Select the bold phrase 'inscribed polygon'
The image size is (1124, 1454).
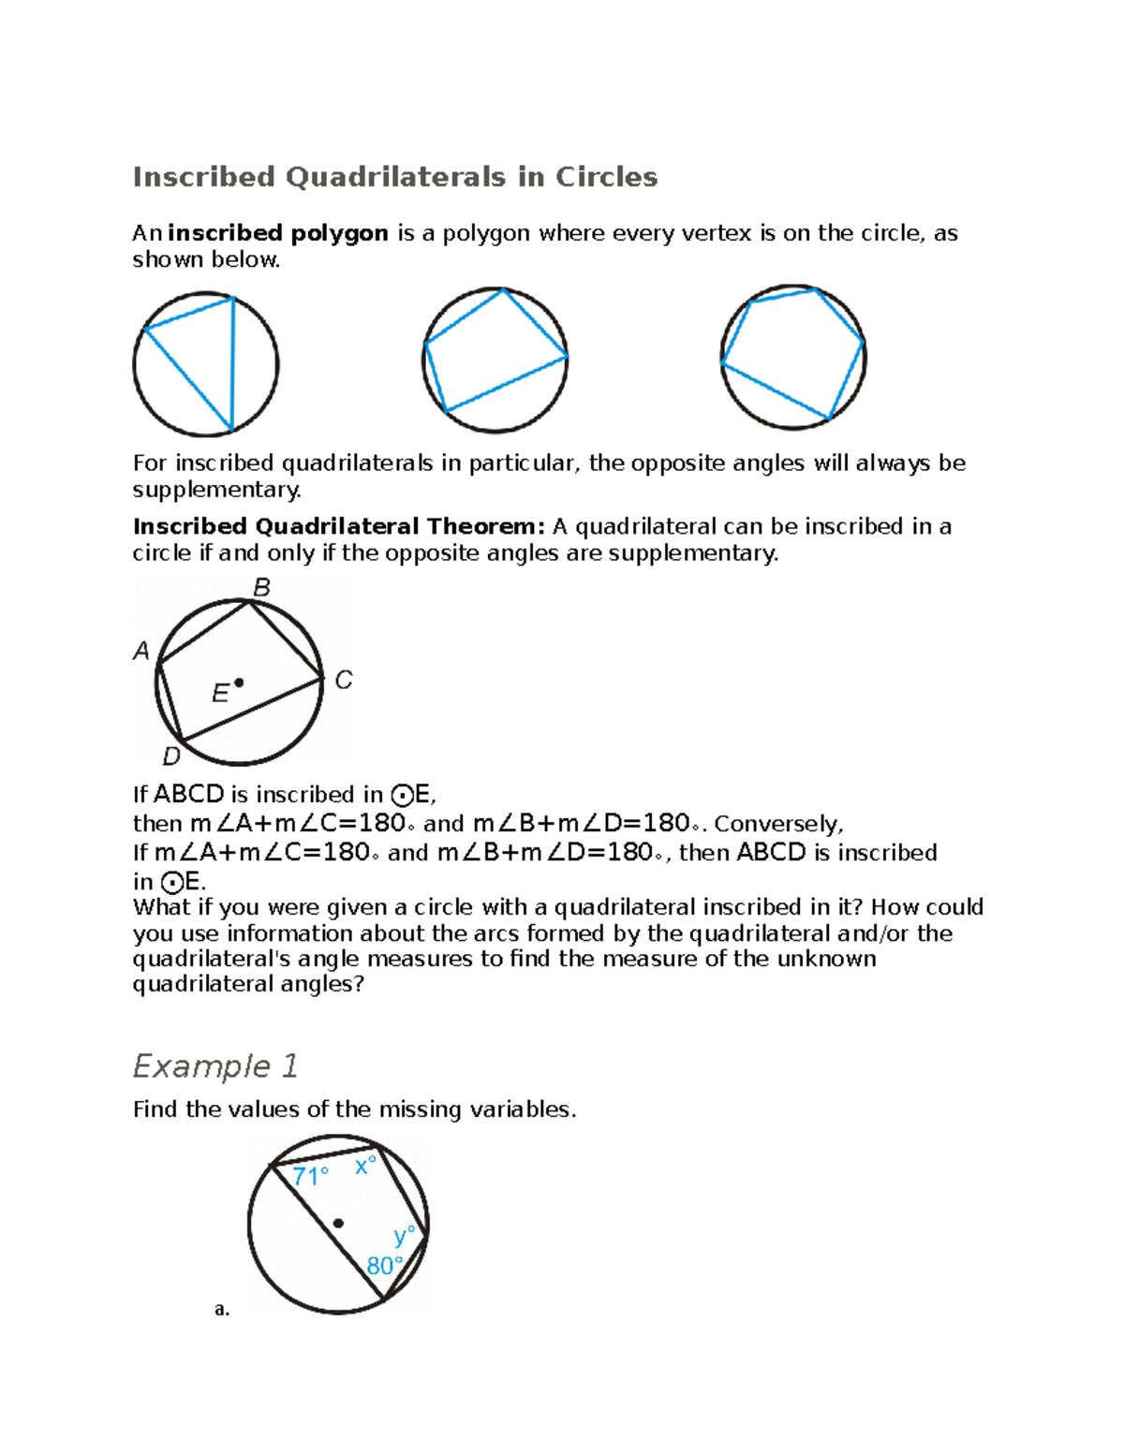278,233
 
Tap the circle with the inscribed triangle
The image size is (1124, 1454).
206,364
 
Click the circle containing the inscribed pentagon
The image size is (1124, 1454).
793,358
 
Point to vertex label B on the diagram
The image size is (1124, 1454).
262,588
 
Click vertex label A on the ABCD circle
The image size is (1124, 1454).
141,651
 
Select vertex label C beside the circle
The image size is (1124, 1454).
344,680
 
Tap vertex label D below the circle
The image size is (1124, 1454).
171,756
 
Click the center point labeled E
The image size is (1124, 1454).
239,683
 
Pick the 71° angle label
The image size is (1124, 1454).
310,1176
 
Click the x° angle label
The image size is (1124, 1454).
365,1167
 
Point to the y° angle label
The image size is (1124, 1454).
404,1236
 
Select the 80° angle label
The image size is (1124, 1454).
385,1266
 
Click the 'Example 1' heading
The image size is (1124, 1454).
215,1066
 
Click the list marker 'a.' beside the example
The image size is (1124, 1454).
222,1309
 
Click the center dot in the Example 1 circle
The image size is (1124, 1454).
338,1223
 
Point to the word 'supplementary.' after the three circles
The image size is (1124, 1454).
217,490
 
